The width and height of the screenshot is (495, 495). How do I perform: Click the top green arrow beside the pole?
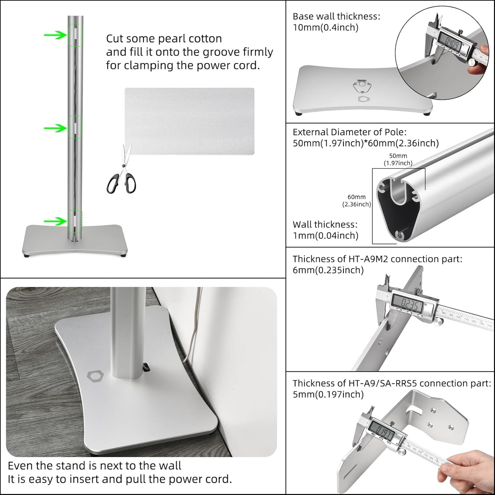click(x=55, y=35)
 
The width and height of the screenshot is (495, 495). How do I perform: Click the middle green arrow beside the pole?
click(x=55, y=128)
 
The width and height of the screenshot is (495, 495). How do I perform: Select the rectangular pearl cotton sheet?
click(x=189, y=121)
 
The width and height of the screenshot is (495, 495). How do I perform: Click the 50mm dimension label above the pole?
click(x=398, y=159)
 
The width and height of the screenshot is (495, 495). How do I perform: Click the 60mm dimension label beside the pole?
click(x=357, y=200)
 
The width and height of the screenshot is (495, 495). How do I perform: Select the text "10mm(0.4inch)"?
click(x=325, y=27)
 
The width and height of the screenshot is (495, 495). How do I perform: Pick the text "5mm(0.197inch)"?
click(x=328, y=394)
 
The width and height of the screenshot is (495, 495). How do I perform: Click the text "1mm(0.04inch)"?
click(x=325, y=235)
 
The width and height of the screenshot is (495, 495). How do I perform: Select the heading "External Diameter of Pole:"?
click(x=349, y=132)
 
